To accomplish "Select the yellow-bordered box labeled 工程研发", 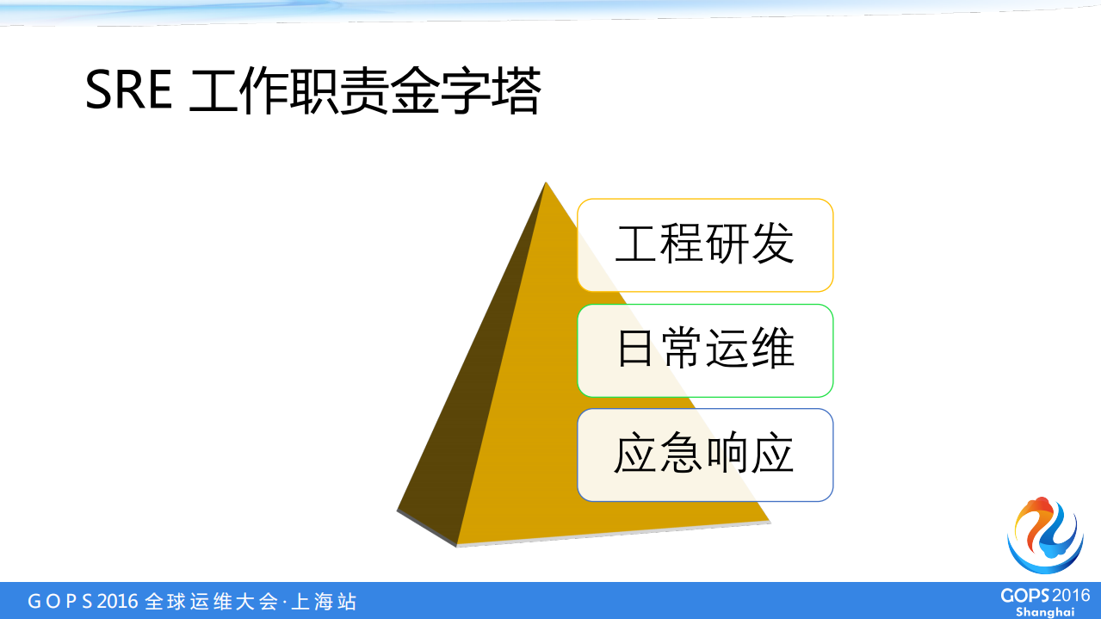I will [705, 245].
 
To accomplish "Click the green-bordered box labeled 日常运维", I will [705, 350].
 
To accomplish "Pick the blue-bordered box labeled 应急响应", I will [705, 455].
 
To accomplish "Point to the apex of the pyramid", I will [545, 183].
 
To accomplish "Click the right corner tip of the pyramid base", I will [769, 521].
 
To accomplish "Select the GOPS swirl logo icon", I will [1044, 535].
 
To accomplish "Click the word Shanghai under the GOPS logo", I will [1044, 611].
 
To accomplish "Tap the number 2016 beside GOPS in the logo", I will [1072, 596].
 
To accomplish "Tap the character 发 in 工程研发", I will [771, 245].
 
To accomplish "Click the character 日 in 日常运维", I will [635, 350].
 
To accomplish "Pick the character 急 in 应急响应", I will [681, 455].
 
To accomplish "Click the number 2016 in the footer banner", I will [117, 601].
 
